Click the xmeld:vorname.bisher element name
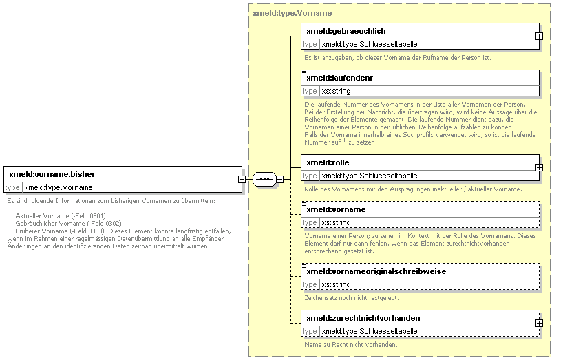[52, 174]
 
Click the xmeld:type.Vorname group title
[293, 13]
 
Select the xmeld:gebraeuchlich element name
[346, 31]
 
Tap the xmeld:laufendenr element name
[340, 78]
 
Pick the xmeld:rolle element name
[328, 162]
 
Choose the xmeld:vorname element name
[336, 209]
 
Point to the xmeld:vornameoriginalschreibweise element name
[376, 271]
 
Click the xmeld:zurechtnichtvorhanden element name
[363, 318]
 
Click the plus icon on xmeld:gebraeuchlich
[539, 36]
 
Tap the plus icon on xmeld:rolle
[539, 168]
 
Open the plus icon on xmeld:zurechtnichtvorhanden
[539, 323]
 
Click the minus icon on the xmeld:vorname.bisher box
[242, 179]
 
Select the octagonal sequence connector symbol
[264, 179]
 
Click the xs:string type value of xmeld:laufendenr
[336, 91]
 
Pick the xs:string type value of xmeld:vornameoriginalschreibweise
[336, 284]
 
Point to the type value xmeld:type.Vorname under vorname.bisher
[59, 187]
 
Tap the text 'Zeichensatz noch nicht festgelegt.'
[352, 298]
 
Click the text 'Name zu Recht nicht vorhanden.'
[351, 345]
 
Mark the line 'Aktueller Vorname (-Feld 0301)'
[61, 215]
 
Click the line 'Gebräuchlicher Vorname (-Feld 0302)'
[68, 223]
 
